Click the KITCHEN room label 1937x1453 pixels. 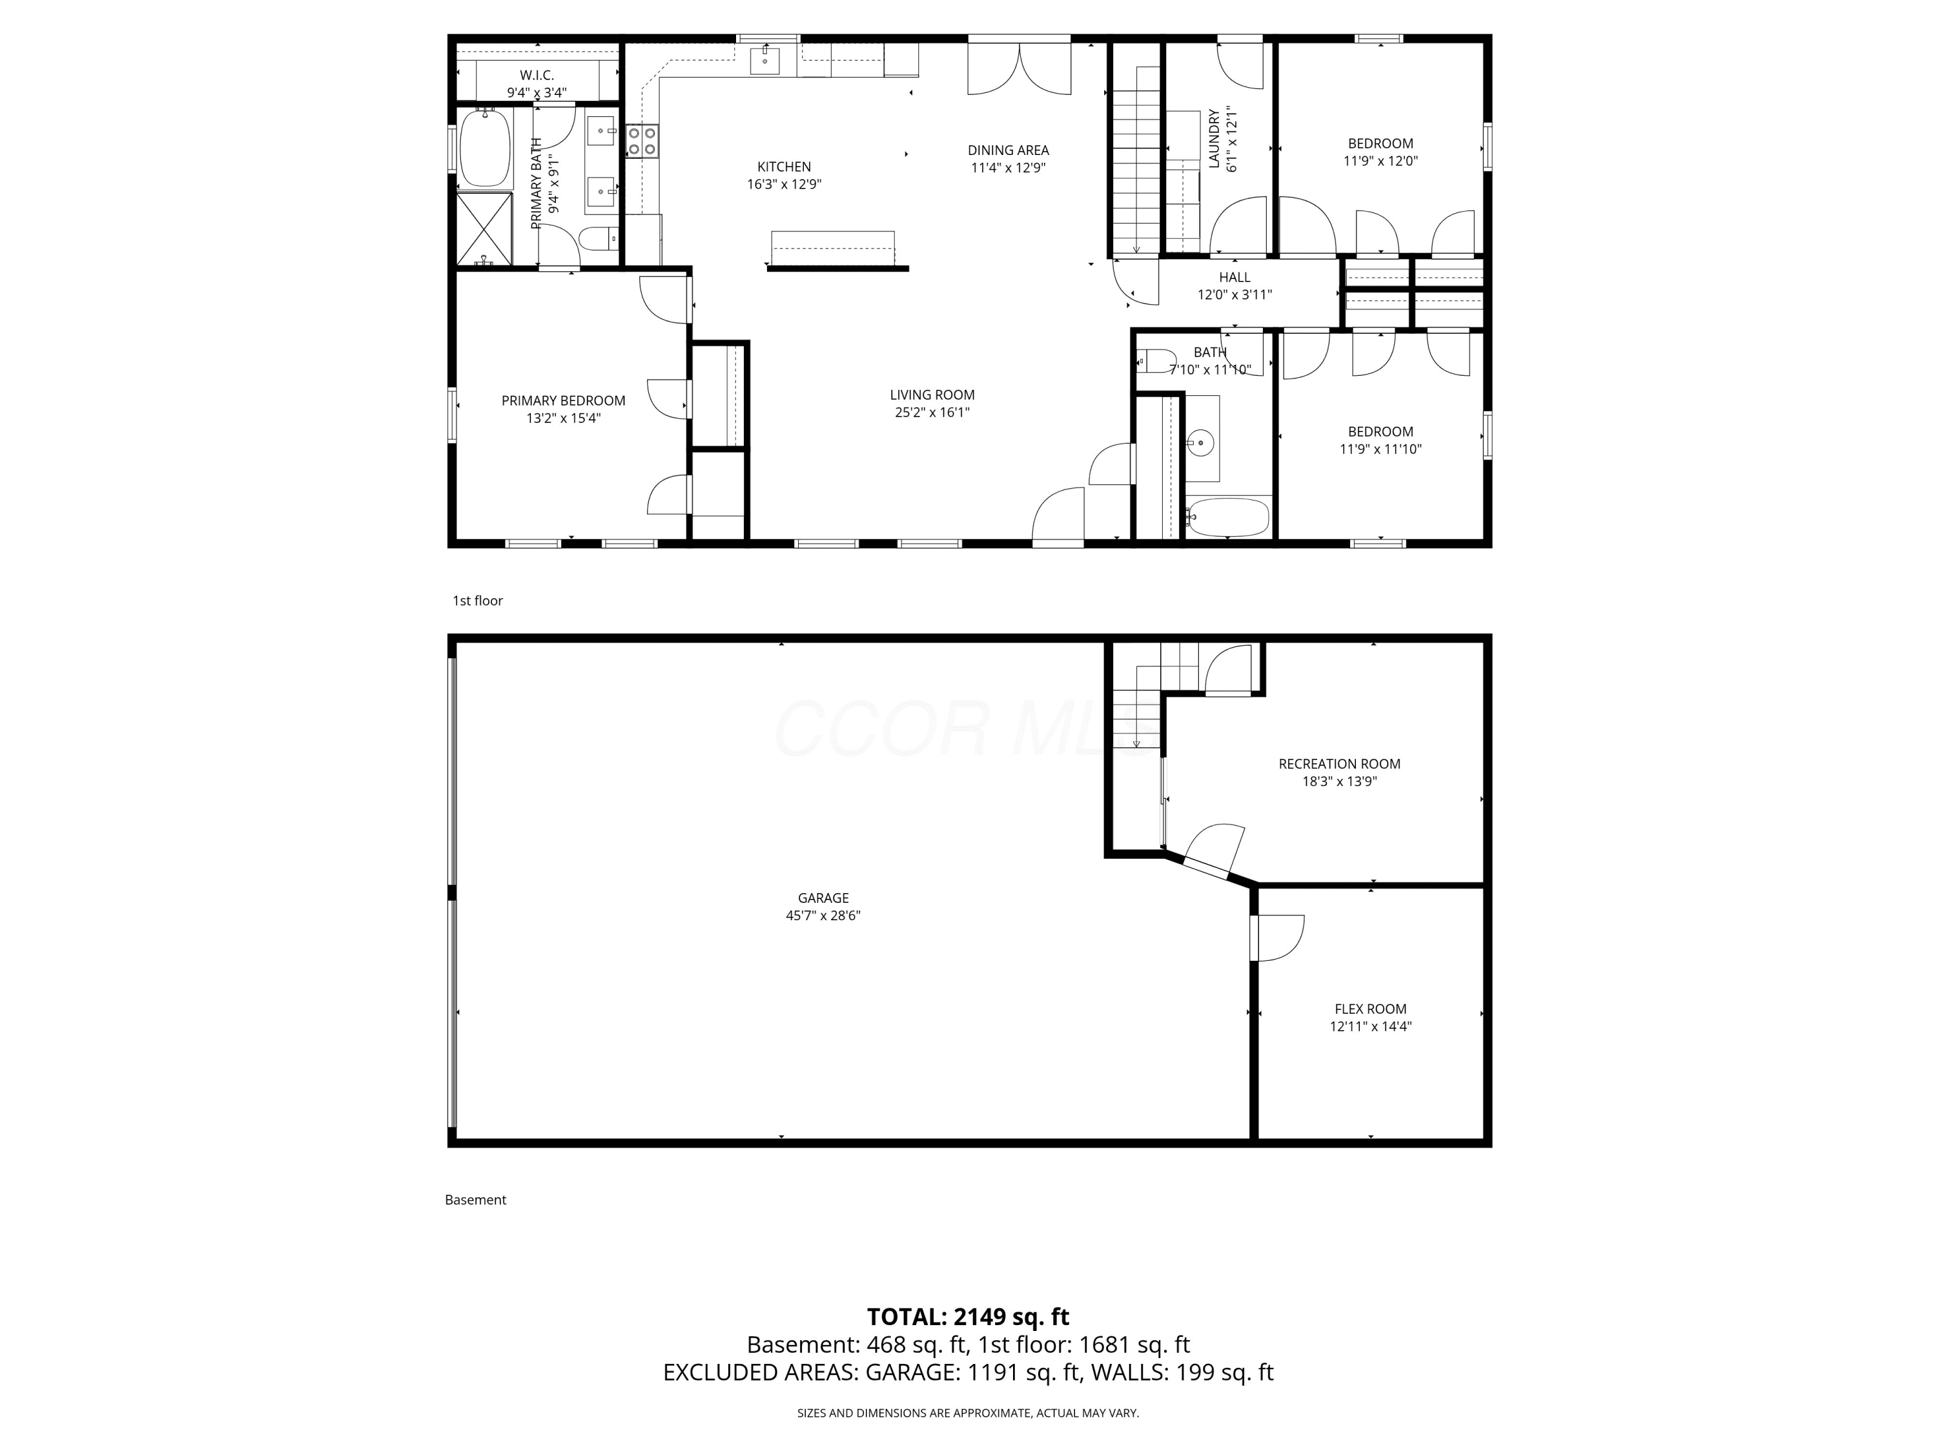coord(784,167)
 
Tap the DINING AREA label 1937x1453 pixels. coord(1008,150)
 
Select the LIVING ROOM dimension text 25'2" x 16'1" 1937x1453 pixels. coord(932,413)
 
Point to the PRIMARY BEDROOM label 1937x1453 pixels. coord(563,400)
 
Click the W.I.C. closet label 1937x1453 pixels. coord(537,76)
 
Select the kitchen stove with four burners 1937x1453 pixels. coord(642,141)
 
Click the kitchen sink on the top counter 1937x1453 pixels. coord(764,61)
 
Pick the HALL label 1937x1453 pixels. coord(1235,278)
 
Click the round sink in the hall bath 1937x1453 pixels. coord(1200,442)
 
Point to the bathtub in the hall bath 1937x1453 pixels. coord(1227,517)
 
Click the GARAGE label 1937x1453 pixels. coord(823,898)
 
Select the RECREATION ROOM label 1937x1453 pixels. coord(1339,764)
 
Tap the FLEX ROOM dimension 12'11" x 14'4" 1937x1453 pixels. coord(1371,1027)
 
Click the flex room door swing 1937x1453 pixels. coord(1278,937)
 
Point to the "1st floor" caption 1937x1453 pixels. coord(477,601)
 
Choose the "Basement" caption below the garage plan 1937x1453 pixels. coord(475,1200)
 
